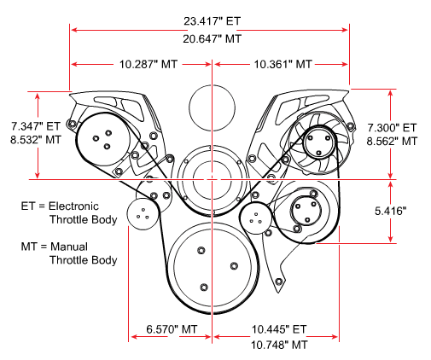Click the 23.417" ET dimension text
click(212, 21)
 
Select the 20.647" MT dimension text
click(212, 38)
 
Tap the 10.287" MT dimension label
click(149, 64)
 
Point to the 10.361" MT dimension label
click(282, 64)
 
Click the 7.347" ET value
click(36, 126)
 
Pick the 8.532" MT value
click(36, 140)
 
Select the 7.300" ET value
click(392, 128)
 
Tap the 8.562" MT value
click(392, 142)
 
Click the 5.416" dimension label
click(390, 211)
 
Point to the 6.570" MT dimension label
click(172, 329)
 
